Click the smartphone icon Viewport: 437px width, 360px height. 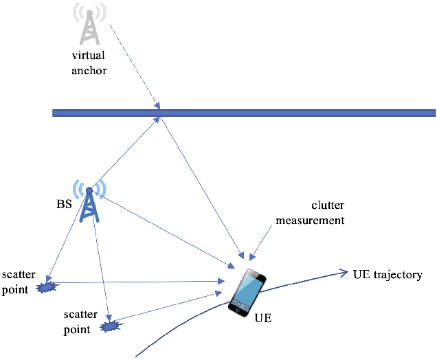(247, 293)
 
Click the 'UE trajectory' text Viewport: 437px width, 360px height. (387, 275)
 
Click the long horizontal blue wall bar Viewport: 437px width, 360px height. (244, 113)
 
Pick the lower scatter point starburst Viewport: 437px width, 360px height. (109, 324)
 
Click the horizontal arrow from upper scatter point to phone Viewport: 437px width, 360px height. (137, 282)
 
